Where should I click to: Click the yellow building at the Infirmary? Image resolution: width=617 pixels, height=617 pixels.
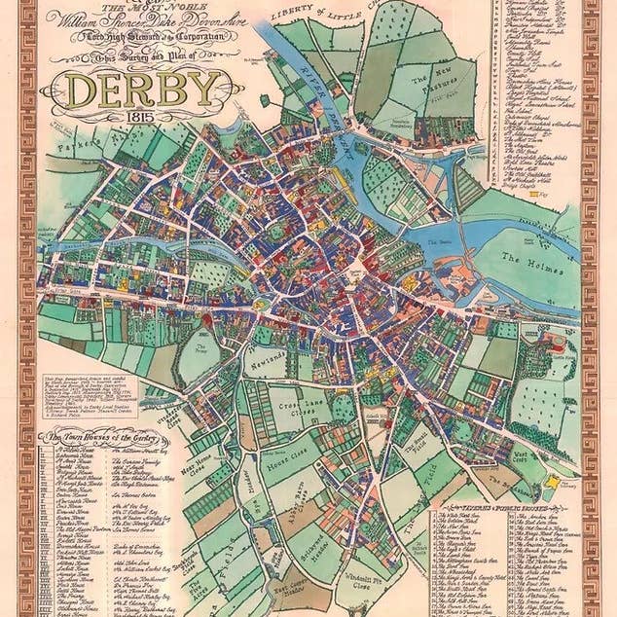point(555,481)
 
